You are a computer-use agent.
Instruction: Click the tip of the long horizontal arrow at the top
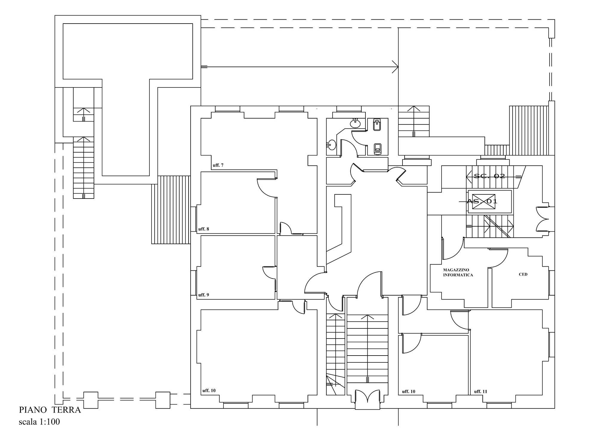click(398, 67)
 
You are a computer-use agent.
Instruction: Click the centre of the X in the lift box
click(479, 201)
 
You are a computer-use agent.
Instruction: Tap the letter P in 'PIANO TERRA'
click(22, 410)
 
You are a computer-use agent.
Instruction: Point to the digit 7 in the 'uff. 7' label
click(222, 165)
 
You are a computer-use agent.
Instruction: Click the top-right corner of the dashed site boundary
click(554, 20)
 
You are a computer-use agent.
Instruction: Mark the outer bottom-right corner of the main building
click(555, 408)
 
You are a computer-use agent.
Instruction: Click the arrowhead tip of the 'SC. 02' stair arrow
click(467, 176)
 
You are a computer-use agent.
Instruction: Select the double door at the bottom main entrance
click(368, 399)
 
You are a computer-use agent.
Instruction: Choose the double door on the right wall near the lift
click(542, 219)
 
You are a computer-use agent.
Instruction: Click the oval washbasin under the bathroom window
click(355, 123)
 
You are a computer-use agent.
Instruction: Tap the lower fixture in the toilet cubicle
click(378, 149)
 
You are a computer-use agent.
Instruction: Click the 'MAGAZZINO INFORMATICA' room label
click(458, 273)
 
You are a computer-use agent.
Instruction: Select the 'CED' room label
click(523, 274)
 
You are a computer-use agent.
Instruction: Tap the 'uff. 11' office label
click(481, 391)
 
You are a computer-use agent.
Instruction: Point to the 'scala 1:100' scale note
click(39, 422)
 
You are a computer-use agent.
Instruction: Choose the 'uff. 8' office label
click(204, 229)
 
